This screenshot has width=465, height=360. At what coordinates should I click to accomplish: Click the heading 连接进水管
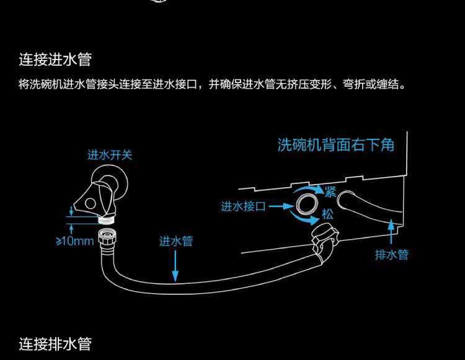click(55, 59)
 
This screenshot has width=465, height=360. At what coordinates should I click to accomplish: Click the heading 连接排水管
click(55, 343)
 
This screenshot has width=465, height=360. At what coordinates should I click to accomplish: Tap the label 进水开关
click(110, 155)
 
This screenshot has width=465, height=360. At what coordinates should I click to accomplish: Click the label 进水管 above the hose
click(176, 241)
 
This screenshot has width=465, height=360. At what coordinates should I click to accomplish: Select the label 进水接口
click(243, 206)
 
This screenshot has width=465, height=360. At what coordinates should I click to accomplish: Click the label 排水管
click(392, 254)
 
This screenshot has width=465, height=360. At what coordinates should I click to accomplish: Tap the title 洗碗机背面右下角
click(336, 145)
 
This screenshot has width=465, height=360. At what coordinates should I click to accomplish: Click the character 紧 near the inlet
click(330, 191)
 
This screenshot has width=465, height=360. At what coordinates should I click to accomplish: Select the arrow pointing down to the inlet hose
click(176, 267)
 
